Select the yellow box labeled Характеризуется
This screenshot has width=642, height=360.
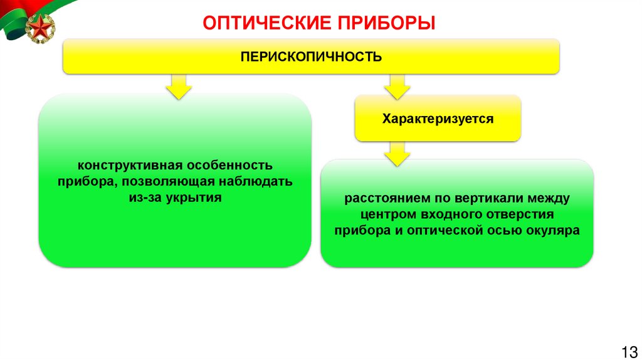point(438,118)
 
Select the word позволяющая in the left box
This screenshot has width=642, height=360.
point(167,183)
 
